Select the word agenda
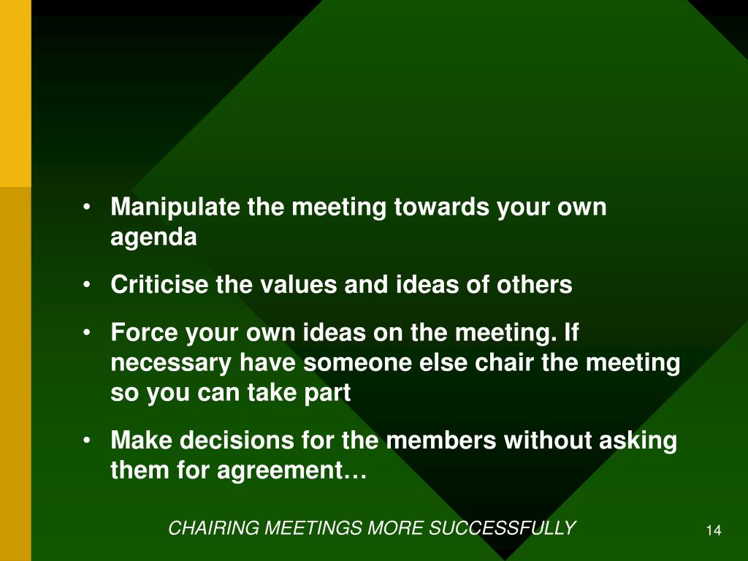point(153,239)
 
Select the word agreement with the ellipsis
point(291,472)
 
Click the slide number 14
point(714,530)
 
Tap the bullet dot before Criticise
point(88,285)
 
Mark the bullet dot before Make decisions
point(88,441)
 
